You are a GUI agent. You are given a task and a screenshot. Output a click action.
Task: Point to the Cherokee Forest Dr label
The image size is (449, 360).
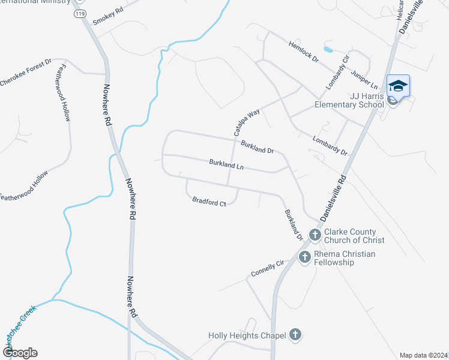(x=26, y=73)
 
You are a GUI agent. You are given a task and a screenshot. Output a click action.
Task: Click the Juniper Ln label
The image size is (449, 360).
(x=365, y=76)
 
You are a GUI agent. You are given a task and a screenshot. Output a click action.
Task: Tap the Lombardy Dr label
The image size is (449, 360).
(x=330, y=145)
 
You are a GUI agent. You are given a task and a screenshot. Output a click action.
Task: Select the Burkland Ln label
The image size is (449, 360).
(x=226, y=164)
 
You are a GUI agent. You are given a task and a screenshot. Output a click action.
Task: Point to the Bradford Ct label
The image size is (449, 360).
(x=209, y=202)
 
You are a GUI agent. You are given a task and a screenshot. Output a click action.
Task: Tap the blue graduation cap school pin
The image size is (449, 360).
(x=398, y=86)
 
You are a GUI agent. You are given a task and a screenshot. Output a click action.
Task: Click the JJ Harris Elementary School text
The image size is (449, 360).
(x=349, y=100)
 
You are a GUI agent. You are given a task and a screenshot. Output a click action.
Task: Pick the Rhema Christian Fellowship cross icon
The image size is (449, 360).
(x=304, y=257)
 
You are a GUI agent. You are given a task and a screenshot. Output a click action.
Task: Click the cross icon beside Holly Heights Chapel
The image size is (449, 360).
(x=294, y=334)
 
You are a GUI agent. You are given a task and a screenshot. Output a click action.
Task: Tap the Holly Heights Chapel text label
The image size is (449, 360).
(x=247, y=336)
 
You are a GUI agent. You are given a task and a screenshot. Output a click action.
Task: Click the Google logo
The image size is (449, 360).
(x=20, y=353)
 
